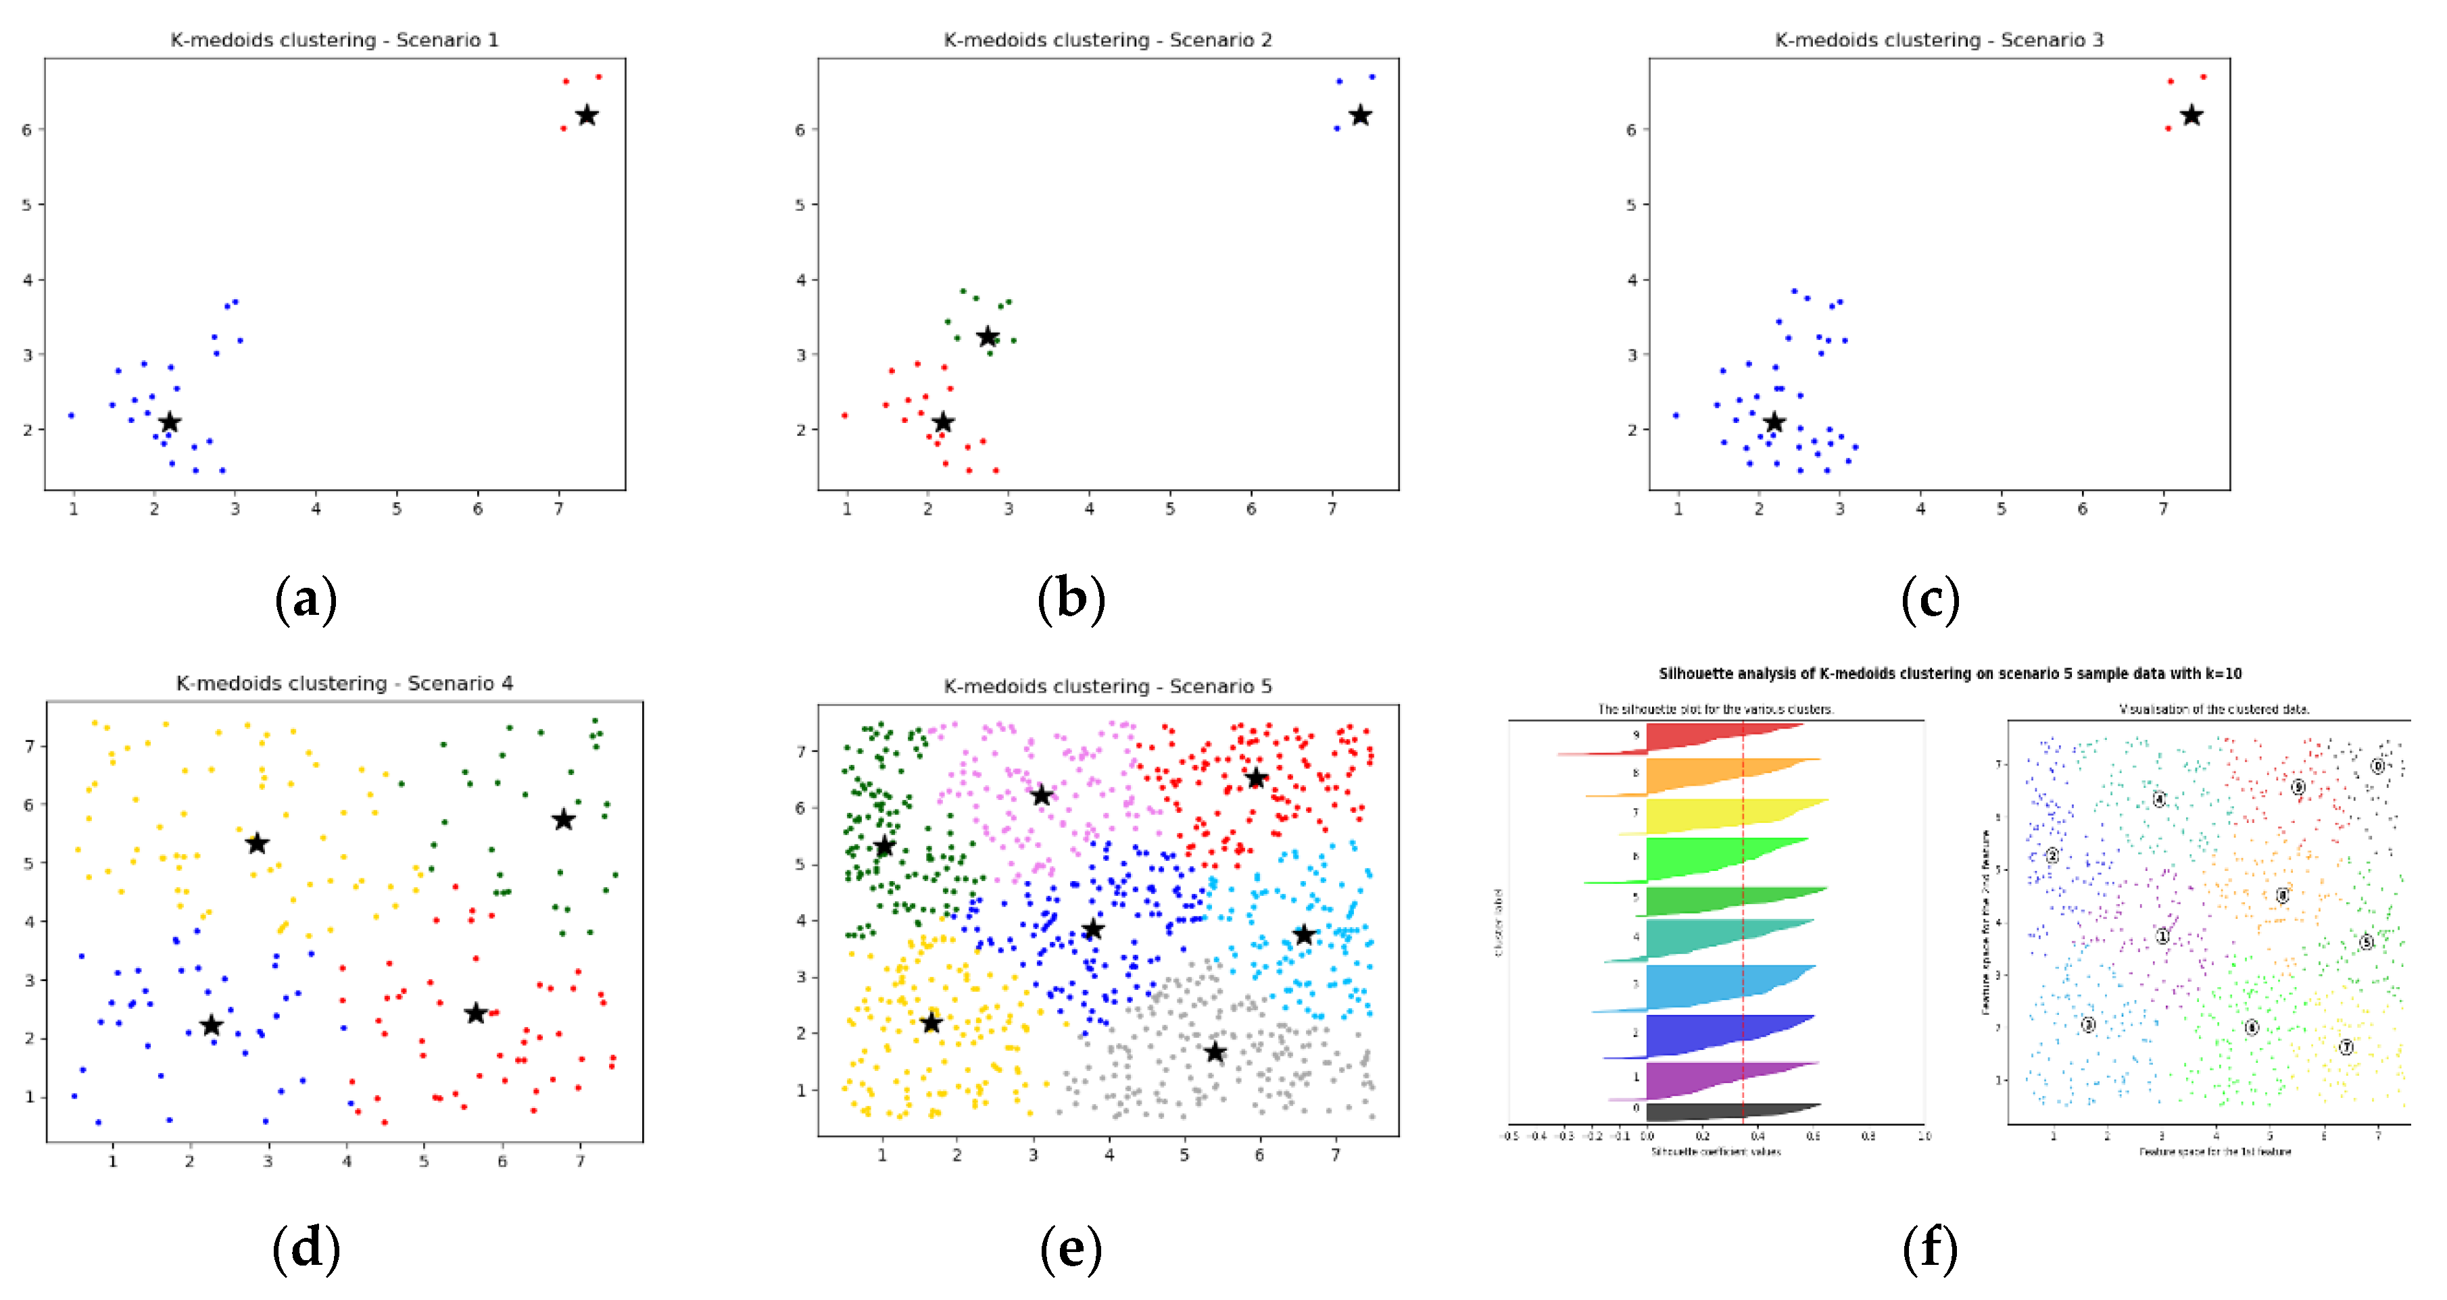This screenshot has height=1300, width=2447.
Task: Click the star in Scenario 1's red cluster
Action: pos(587,116)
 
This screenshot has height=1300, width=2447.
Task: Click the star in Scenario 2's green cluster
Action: pos(988,337)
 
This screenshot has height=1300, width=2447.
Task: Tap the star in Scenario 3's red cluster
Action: pos(2191,116)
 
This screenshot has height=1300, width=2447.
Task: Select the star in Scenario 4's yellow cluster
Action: pos(256,843)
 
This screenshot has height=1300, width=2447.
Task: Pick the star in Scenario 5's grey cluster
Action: pos(1215,1052)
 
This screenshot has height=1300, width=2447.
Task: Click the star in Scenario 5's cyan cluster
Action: pos(1304,934)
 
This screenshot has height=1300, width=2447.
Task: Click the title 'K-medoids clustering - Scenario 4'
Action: pos(344,682)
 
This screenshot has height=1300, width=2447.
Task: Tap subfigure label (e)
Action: pos(1071,1248)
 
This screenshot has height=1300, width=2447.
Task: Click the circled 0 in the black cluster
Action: pos(2377,766)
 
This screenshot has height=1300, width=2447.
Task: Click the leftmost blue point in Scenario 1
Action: pos(71,415)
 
